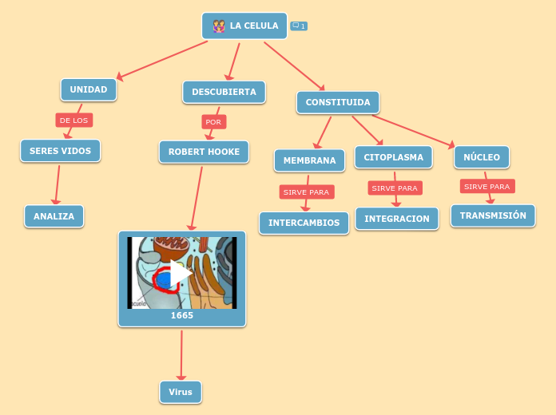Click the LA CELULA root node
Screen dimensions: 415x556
pos(244,26)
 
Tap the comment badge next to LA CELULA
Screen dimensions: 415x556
pos(299,26)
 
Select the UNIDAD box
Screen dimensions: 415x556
pos(89,89)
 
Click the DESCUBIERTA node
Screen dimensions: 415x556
pos(224,92)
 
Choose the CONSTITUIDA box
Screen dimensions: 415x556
pos(337,102)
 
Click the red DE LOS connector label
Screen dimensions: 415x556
pos(74,121)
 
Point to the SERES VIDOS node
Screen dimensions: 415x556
pos(61,151)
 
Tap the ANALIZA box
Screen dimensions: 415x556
pos(54,216)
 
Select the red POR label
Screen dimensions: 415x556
pos(213,122)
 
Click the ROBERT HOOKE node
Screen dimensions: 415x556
pos(204,152)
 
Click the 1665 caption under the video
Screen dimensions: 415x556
pos(182,316)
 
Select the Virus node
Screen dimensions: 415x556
pos(181,392)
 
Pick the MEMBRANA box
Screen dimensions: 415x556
pos(309,160)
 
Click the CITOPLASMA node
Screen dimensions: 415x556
pos(393,157)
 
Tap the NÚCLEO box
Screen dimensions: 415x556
pos(482,157)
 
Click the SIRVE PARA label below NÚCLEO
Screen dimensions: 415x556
pos(487,187)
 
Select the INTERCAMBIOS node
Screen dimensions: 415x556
pos(304,223)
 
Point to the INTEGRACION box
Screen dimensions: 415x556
pos(397,219)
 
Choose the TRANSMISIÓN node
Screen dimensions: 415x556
pos(493,215)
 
